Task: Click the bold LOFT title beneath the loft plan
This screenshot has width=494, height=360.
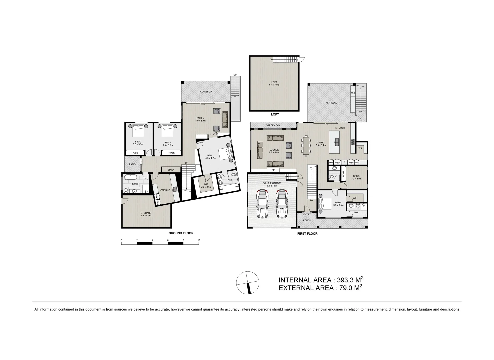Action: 275,114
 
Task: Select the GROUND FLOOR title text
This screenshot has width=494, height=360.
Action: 181,233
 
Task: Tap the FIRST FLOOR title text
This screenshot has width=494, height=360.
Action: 307,234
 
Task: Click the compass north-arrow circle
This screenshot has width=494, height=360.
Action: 247,283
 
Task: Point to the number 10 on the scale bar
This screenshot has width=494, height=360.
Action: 199,240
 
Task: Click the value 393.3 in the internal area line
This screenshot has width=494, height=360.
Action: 346,280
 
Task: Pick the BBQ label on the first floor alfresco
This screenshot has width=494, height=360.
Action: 353,94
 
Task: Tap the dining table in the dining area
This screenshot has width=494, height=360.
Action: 306,145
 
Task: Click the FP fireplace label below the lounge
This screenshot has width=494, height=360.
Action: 273,170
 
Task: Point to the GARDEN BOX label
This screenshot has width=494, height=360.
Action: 273,125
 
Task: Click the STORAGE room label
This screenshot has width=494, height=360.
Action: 146,213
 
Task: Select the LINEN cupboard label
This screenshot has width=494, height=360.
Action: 171,170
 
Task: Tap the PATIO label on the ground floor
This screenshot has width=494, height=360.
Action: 132,164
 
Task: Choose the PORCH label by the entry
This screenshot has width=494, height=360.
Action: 307,220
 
